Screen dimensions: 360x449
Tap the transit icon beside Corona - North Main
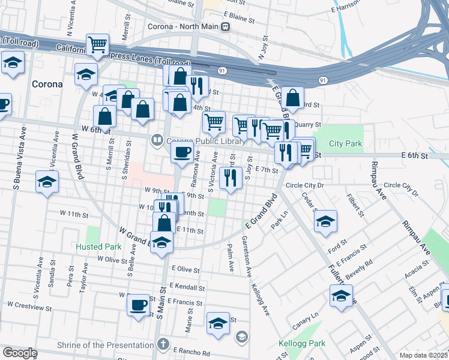point(225,26)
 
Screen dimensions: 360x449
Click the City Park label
point(346,144)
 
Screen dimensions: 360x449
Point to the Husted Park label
point(98,247)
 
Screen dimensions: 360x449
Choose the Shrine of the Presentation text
point(105,345)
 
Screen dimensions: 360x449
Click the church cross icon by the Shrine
point(162,344)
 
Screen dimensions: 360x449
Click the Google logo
point(20,353)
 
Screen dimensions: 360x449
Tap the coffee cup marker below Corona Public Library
point(182,152)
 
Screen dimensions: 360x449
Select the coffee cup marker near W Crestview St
point(138,304)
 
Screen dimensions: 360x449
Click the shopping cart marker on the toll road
point(97,44)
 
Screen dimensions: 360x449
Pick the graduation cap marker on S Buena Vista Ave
point(47,182)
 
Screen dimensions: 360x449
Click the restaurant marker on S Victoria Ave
point(230,177)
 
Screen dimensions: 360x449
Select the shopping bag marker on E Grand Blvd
point(292,97)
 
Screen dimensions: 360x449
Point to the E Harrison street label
point(348,10)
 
